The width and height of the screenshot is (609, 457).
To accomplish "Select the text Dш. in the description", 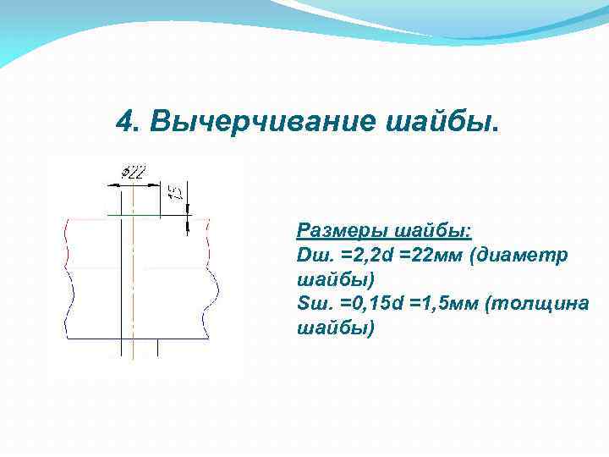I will tap(314, 255).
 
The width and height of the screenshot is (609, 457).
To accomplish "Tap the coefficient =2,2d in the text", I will tap(365, 255).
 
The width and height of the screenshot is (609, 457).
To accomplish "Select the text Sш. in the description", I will tap(313, 303).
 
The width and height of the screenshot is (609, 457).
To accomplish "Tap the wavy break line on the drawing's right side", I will tap(211, 279).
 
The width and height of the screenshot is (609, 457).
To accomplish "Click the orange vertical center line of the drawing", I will tap(134, 279).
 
